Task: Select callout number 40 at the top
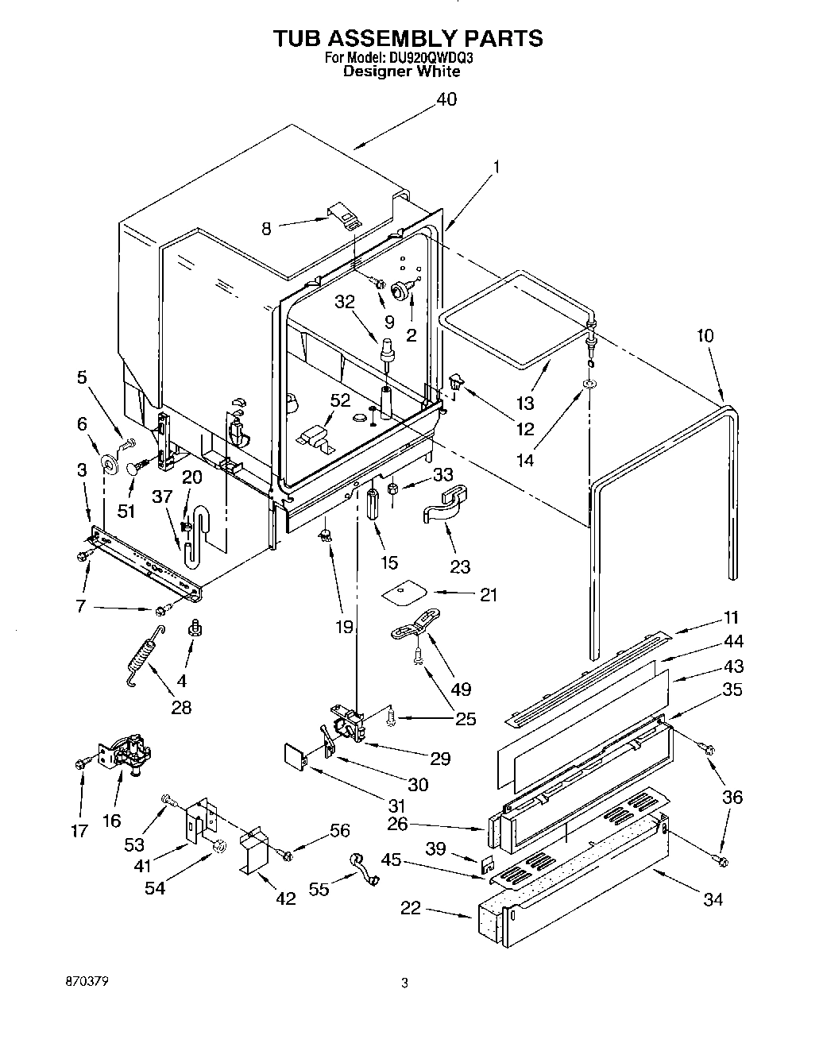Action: [446, 100]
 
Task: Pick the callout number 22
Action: [411, 909]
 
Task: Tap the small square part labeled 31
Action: [296, 755]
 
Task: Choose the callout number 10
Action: [705, 335]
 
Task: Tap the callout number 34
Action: [713, 900]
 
